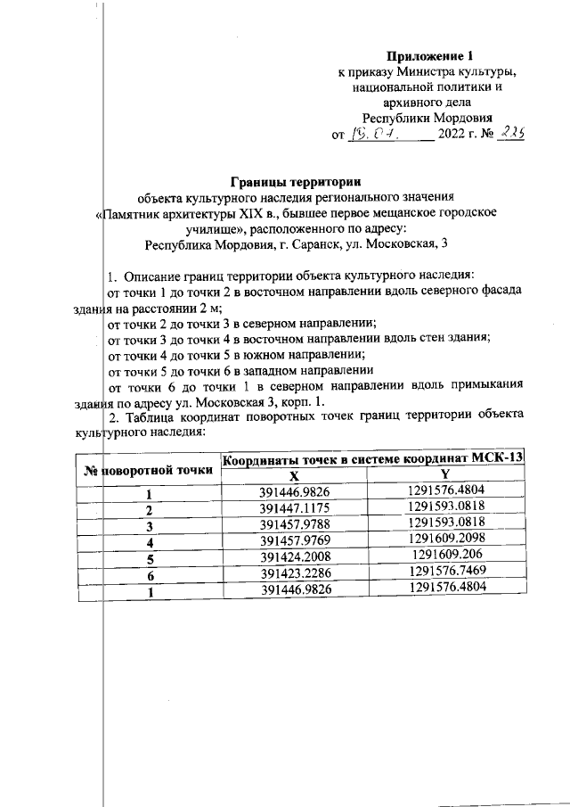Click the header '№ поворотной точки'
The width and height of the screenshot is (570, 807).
click(x=147, y=468)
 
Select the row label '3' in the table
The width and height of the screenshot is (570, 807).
click(x=150, y=524)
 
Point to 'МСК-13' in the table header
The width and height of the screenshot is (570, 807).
click(x=496, y=459)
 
